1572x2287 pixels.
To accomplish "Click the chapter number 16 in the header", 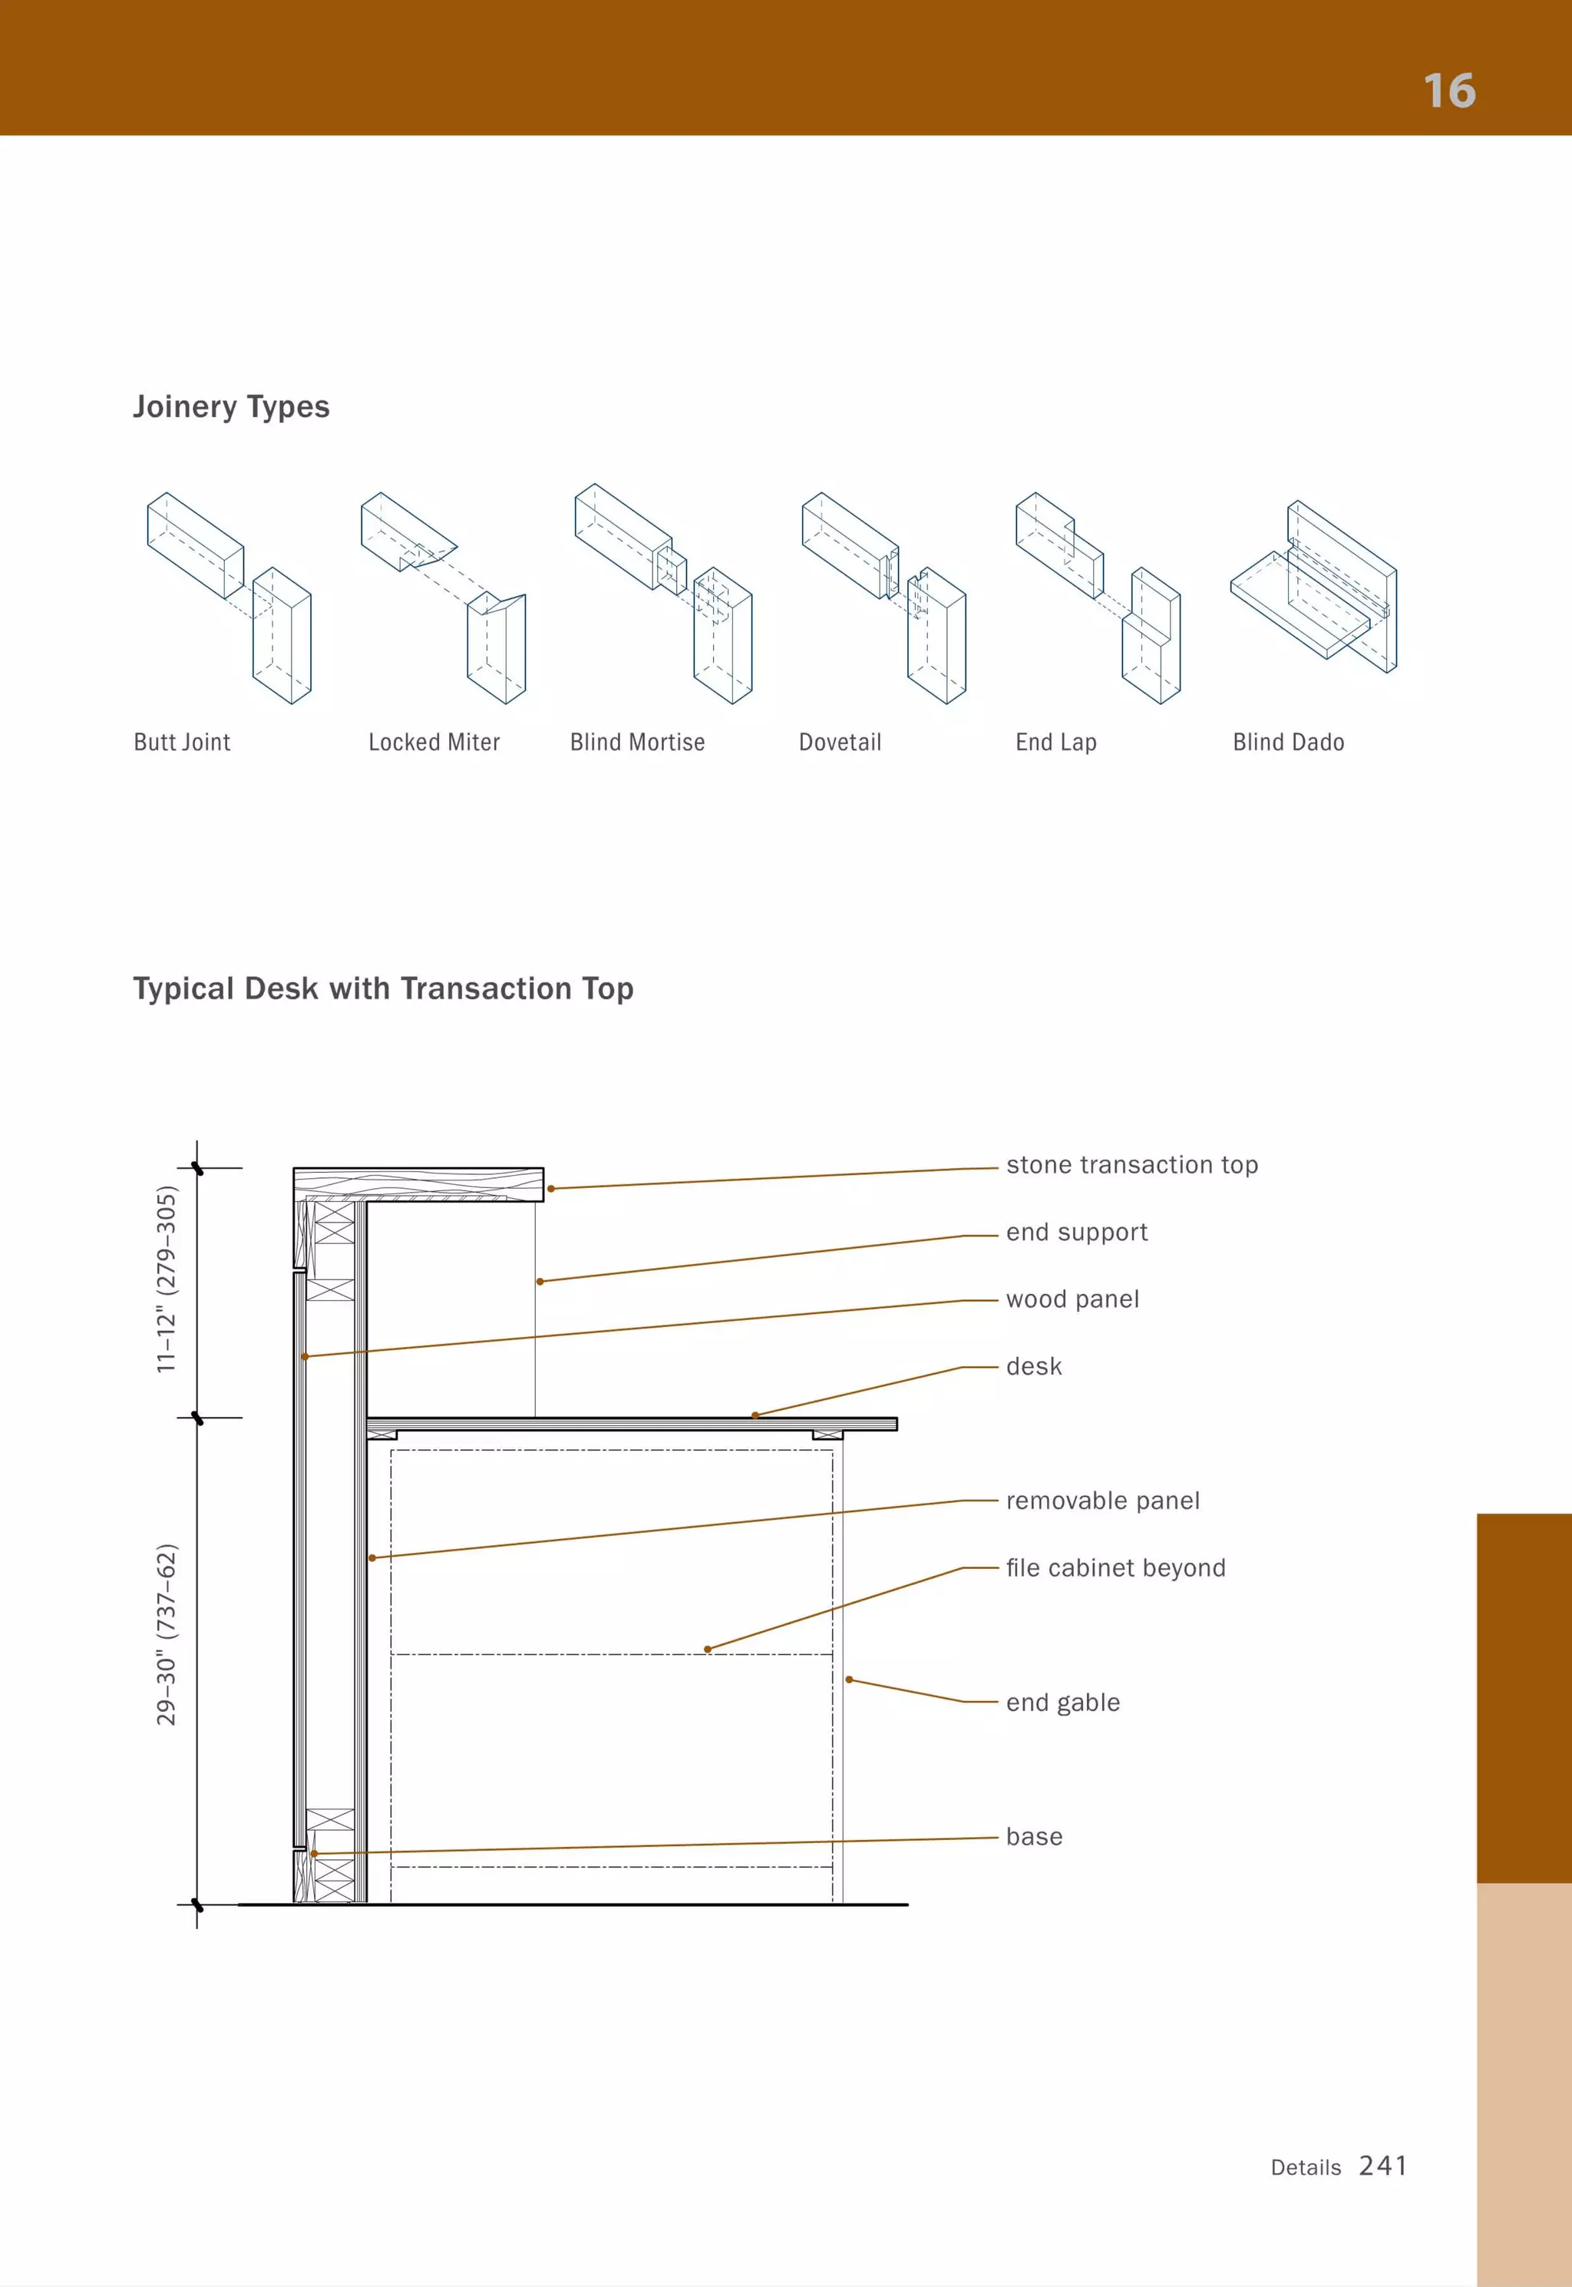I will coord(1449,91).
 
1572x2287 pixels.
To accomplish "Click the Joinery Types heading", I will coord(232,407).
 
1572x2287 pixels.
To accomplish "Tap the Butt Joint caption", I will coord(182,743).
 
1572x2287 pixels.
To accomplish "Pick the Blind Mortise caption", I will coord(637,743).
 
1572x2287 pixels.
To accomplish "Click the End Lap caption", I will coord(1056,743).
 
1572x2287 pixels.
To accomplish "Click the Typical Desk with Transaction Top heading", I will coord(383,988).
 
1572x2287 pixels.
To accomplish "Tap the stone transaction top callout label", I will coord(1131,1166).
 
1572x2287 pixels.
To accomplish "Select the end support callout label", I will coord(1077,1233).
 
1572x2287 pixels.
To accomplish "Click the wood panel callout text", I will coord(1072,1299).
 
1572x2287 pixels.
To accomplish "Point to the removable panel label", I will coord(1102,1501).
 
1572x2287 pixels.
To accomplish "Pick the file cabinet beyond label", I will coord(1115,1567).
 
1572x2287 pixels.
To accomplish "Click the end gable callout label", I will coord(1063,1703).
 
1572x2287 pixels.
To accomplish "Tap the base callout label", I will coord(1034,1837).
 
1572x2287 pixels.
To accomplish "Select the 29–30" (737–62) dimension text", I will coord(167,1635).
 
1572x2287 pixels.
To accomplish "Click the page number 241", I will coord(1383,2165).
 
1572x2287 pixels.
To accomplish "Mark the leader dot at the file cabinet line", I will coord(707,1650).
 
